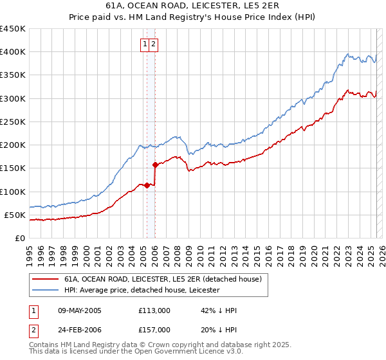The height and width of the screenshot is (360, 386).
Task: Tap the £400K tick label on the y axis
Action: tap(13, 52)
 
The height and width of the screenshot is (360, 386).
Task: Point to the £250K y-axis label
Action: tap(13, 122)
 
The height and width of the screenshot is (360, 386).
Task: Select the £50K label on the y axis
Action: tap(15, 215)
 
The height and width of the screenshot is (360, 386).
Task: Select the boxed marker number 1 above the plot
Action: tap(146, 44)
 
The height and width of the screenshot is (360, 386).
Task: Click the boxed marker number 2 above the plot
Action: tap(155, 44)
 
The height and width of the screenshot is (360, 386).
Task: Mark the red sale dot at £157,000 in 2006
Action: tap(155, 165)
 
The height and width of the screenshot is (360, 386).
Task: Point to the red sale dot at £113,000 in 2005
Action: tap(147, 185)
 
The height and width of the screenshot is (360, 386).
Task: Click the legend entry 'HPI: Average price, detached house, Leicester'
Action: tap(142, 290)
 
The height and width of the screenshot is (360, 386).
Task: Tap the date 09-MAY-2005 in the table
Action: tap(80, 310)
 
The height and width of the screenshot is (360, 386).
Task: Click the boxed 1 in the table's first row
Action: tap(32, 310)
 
